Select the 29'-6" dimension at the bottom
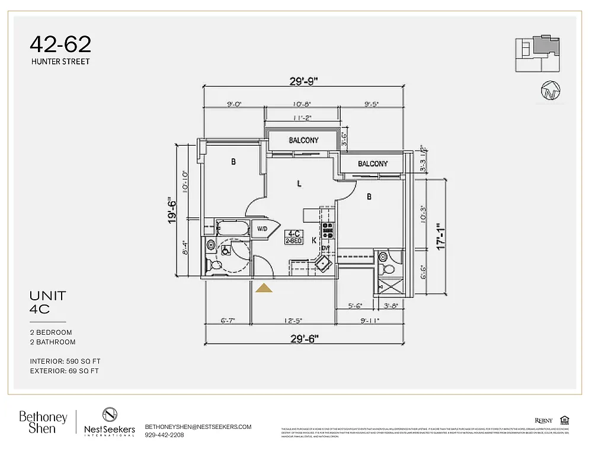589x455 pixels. coord(305,338)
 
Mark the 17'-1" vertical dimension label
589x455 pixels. coord(439,236)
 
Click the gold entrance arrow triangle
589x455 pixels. coord(264,288)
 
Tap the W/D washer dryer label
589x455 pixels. coord(262,229)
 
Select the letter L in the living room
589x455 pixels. coord(299,184)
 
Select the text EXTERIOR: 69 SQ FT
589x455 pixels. coord(64,371)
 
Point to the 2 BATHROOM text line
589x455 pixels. coord(53,342)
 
